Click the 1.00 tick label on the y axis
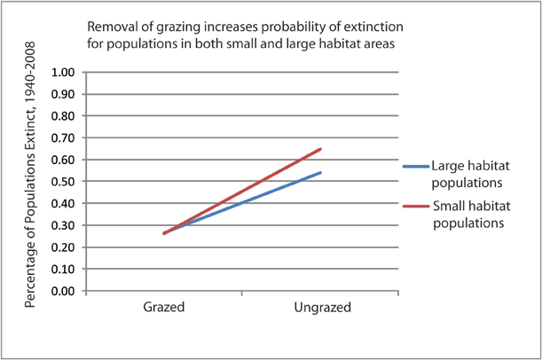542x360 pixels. pos(66,72)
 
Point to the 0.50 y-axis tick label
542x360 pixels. pos(66,181)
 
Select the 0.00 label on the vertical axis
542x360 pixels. pos(66,290)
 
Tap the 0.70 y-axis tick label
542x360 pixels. pos(66,137)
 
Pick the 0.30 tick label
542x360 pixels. pos(66,224)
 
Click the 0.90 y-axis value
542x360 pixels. pos(66,94)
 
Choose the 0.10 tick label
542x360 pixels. pos(66,268)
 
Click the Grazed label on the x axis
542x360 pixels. pos(164,308)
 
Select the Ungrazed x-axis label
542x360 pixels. pos(321,308)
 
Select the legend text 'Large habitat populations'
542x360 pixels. pos(467,173)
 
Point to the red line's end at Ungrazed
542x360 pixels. pos(320,149)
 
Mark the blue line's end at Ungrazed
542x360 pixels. pos(320,172)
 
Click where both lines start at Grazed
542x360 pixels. pos(164,233)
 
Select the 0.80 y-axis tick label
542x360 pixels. pos(66,115)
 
